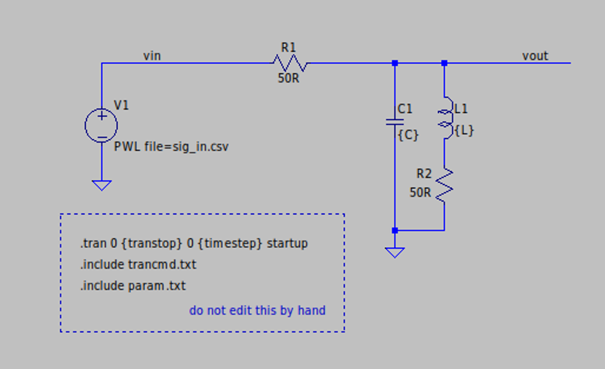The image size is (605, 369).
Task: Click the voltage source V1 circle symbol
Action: coord(101,125)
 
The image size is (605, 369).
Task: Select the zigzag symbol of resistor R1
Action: coord(290,63)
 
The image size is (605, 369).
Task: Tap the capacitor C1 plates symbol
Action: coord(394,121)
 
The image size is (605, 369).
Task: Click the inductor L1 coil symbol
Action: coord(444,119)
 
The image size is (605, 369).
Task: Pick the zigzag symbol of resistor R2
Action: coord(444,184)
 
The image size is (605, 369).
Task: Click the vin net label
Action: coord(152,56)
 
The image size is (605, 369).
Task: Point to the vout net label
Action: coord(535,56)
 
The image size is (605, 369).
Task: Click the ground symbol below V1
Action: coord(101,184)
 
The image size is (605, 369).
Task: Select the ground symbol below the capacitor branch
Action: coord(394,252)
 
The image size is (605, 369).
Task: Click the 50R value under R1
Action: coord(289,78)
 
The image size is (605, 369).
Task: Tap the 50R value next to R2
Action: coord(421,192)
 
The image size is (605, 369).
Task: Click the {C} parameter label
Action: coord(408,134)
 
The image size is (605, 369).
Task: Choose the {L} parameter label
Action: coord(464,130)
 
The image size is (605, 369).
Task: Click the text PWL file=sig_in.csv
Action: coord(171,148)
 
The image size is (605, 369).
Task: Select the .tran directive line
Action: coord(193,244)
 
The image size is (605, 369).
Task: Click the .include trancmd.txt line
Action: coord(138,265)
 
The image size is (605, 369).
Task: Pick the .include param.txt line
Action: coord(133,286)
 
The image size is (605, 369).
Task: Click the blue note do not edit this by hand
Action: coord(257,311)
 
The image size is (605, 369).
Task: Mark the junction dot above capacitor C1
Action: coord(394,63)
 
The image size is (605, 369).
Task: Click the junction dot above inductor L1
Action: coord(444,63)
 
